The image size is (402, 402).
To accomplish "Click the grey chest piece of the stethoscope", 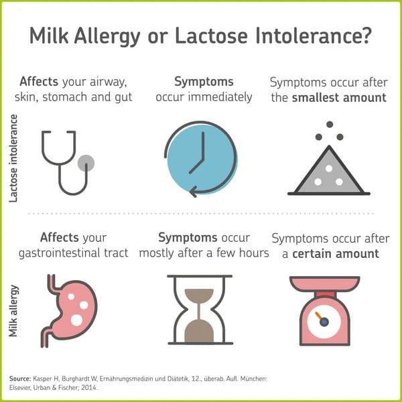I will point(86,162).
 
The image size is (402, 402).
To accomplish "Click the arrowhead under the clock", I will point(193,192).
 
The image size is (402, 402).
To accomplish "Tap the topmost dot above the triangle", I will point(329,125).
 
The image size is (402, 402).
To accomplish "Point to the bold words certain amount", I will point(335,254).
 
